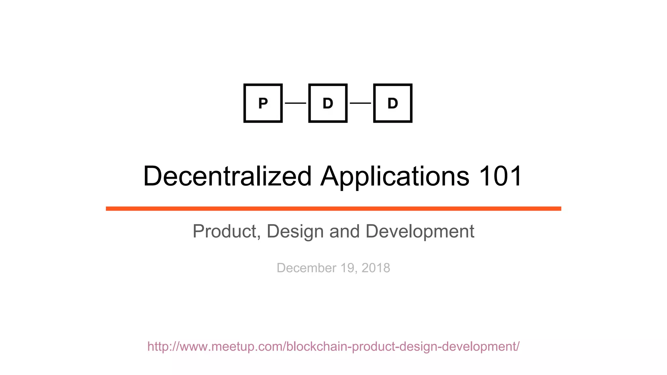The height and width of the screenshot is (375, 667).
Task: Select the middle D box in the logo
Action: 328,103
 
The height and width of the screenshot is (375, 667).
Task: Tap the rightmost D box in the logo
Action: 392,103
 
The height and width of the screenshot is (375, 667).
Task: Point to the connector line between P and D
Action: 295,103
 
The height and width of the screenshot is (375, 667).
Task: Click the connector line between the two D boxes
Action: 360,103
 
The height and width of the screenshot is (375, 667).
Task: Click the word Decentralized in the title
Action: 227,176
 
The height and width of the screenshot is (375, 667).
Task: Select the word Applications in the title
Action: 395,176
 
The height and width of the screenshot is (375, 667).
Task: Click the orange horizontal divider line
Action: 333,209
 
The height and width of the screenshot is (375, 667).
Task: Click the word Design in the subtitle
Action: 295,231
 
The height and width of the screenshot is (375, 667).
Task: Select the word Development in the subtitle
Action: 420,231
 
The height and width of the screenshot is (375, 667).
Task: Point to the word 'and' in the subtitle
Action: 344,231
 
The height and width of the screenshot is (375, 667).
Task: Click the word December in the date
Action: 306,268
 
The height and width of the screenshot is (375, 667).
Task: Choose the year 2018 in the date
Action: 376,268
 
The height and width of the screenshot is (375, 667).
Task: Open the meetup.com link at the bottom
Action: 333,346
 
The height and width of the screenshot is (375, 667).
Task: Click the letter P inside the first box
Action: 263,104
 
